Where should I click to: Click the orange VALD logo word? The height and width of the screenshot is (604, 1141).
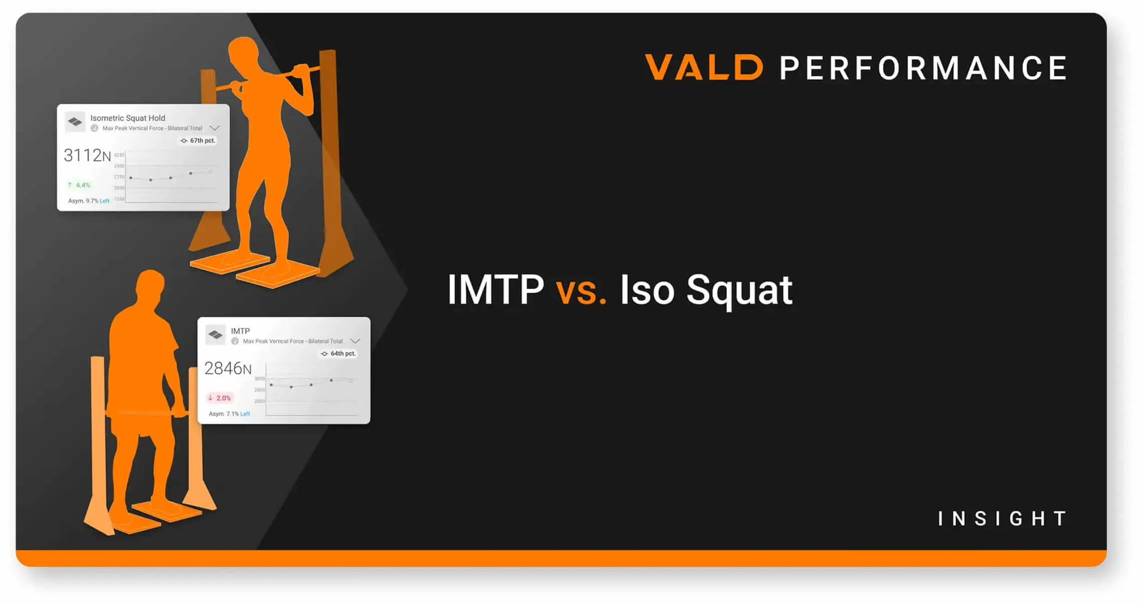click(704, 68)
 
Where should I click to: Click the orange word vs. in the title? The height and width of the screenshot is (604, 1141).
click(581, 290)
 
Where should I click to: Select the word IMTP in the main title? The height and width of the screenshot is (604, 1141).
click(495, 289)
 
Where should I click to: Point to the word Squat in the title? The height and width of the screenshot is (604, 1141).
click(739, 291)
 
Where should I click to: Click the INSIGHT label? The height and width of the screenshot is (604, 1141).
click(1002, 519)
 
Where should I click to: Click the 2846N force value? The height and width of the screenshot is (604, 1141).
click(228, 369)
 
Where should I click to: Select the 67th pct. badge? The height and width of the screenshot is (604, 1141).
click(198, 141)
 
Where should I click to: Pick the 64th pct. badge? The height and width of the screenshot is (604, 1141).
click(338, 354)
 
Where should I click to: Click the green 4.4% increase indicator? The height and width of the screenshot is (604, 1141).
click(79, 185)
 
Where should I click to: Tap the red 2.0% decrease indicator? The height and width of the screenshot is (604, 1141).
click(220, 398)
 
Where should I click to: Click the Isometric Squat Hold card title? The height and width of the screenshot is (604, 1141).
click(127, 118)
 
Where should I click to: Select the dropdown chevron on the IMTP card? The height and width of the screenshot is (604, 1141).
click(355, 341)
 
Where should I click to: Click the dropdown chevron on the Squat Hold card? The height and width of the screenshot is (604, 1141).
click(215, 128)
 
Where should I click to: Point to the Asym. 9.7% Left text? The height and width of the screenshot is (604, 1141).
click(89, 201)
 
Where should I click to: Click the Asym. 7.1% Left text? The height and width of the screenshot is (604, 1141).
click(229, 414)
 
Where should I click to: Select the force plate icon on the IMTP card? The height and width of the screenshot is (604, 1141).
click(216, 334)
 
